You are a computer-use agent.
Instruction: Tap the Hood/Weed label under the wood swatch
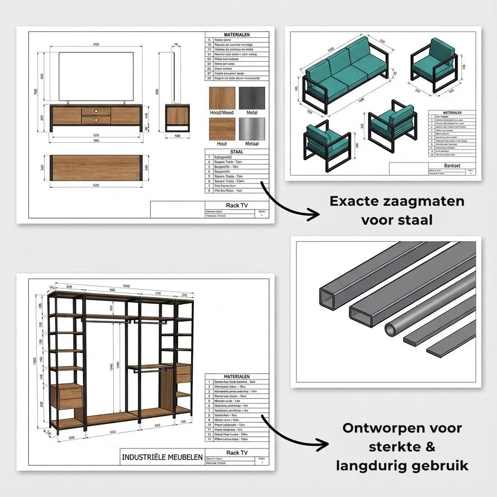(221, 113)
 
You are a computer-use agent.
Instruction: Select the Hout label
(221, 144)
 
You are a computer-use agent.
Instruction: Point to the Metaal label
(252, 144)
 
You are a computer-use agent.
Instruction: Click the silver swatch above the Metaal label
(252, 129)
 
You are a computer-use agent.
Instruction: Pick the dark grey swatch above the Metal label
(252, 98)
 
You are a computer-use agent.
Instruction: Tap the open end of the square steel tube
(328, 298)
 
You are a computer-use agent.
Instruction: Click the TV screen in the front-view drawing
(96, 76)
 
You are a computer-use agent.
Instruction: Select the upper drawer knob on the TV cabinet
(96, 111)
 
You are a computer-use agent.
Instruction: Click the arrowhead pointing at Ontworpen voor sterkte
(321, 443)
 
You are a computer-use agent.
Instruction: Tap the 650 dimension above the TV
(96, 45)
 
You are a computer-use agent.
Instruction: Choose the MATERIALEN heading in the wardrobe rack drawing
(236, 377)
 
